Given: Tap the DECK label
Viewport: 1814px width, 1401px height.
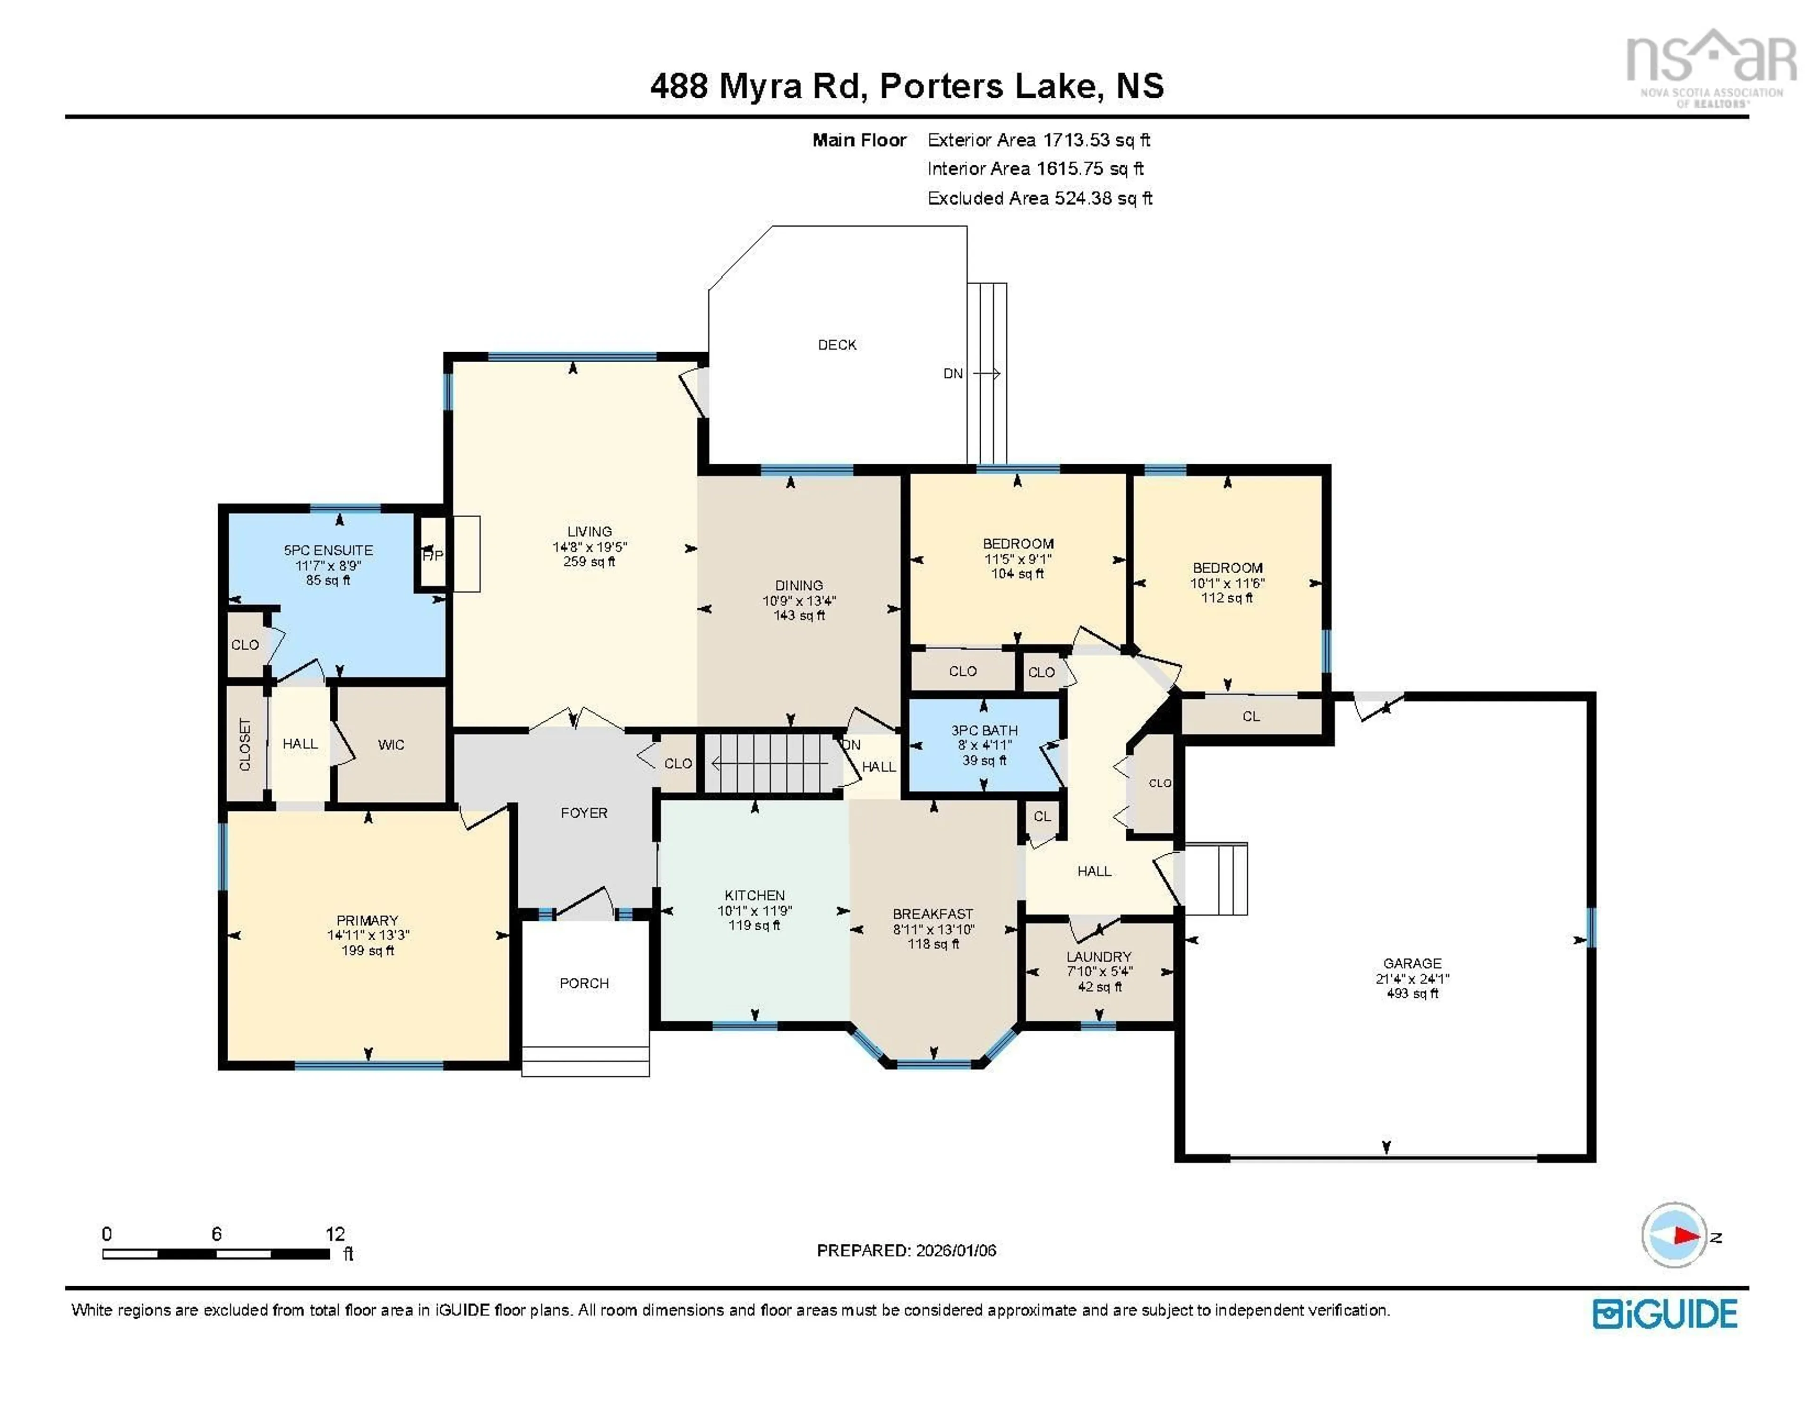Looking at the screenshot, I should tap(837, 345).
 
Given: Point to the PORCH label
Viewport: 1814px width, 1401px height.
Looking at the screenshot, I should tap(584, 983).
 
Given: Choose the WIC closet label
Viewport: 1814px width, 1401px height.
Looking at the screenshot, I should tap(391, 745).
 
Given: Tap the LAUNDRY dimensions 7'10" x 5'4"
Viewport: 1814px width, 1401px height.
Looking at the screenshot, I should tap(1099, 972).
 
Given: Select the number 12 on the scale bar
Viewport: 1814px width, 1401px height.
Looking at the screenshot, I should tap(335, 1234).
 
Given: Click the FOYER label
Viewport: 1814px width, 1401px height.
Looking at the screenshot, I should tap(584, 813).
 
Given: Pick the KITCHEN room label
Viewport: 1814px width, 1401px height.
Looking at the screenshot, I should tap(754, 895).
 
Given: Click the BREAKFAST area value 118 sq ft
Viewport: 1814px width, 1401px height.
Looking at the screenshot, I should tap(933, 944).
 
